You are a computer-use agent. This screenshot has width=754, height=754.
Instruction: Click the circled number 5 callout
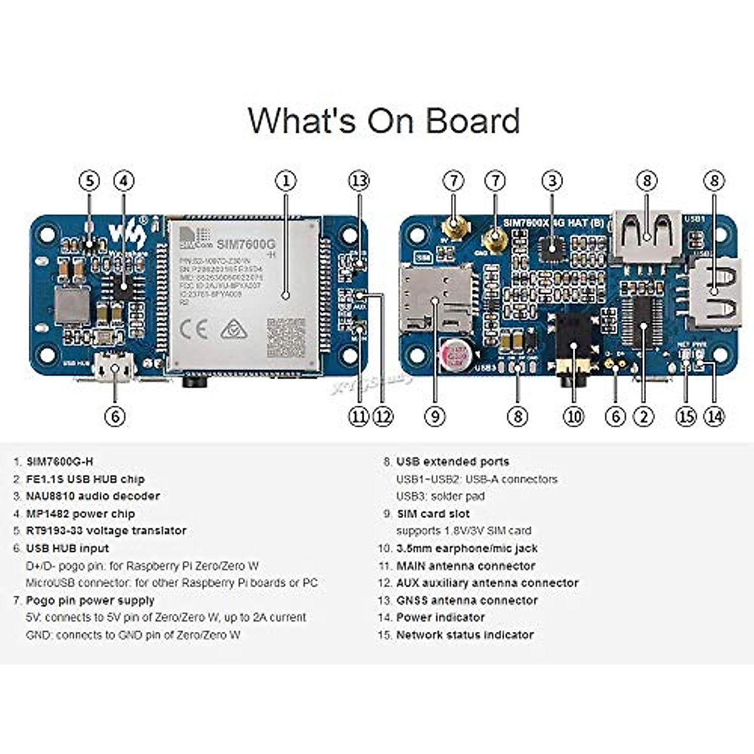coord(89,181)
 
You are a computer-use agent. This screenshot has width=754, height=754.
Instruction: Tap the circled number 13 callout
coord(359,181)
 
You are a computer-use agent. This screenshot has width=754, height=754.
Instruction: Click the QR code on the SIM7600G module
coord(285,338)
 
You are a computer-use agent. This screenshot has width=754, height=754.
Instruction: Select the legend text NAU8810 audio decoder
coord(92,496)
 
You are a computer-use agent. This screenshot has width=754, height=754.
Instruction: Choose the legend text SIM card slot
coord(433,513)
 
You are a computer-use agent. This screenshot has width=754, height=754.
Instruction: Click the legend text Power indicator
coord(440,617)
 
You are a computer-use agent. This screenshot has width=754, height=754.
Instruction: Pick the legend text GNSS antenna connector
coord(467,600)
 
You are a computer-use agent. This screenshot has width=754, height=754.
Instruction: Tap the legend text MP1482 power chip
coord(80,513)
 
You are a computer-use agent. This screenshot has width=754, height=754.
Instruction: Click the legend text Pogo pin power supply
coord(90,600)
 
